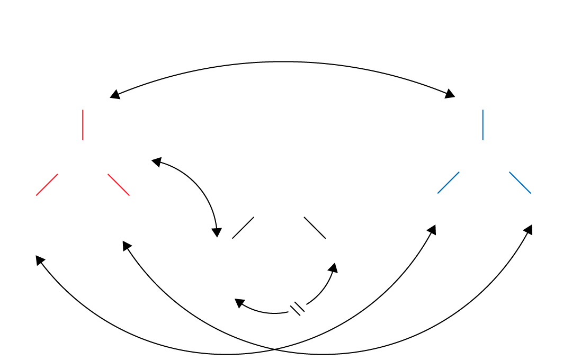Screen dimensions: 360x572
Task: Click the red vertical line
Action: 83,125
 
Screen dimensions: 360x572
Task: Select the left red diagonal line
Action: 47,185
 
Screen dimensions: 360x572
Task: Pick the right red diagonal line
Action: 119,185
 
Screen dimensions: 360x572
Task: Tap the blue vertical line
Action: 483,125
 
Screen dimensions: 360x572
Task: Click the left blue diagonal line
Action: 448,183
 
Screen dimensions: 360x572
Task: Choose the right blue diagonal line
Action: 520,183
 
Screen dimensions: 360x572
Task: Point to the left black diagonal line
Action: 243,228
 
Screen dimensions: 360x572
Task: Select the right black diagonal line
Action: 315,228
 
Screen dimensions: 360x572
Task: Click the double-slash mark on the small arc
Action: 298,308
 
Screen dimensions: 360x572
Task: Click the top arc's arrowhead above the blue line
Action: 450,94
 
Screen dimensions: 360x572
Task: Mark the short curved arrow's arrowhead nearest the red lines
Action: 156,161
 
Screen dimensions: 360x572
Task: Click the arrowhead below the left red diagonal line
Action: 40,259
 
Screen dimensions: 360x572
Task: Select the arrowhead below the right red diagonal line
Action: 127,245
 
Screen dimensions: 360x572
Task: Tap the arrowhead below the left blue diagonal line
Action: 432,229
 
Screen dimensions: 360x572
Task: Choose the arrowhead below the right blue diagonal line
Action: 528,229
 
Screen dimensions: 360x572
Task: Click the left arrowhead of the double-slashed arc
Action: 239,302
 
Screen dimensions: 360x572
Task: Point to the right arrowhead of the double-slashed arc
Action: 333,267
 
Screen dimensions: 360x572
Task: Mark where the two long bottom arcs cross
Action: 274,349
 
